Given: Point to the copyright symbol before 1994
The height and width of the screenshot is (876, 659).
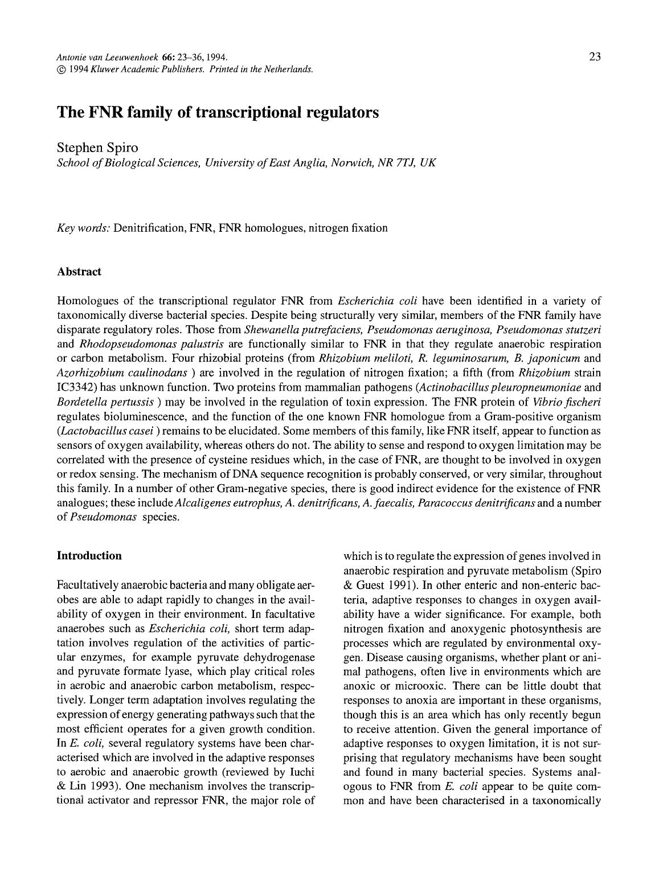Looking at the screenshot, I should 62,69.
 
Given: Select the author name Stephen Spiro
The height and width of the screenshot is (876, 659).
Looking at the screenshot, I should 97,148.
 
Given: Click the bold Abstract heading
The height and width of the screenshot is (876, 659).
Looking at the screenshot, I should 79,272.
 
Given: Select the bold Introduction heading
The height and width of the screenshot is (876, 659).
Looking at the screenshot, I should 89,556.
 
